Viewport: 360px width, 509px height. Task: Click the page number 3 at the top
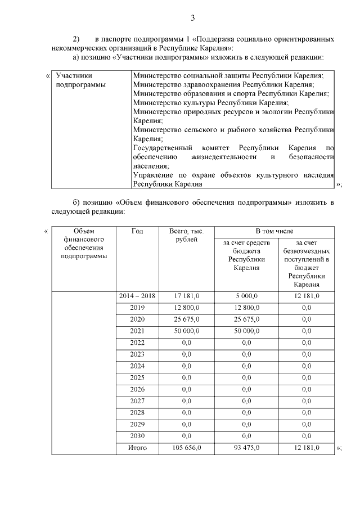192,18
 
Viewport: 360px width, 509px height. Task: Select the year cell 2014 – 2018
137,296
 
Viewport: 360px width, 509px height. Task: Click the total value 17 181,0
187,296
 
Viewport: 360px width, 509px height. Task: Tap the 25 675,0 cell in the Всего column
187,319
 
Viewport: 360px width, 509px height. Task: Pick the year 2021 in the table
137,331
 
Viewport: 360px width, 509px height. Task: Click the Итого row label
137,448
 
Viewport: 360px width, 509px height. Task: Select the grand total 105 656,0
187,448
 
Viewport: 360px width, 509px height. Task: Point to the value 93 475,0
246,448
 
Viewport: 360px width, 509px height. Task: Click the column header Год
137,231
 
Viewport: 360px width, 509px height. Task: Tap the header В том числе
274,231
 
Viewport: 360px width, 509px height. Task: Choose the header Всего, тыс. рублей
187,236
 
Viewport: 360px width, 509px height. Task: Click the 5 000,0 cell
246,296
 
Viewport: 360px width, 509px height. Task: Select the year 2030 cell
137,436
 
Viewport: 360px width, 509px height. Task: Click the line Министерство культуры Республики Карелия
211,103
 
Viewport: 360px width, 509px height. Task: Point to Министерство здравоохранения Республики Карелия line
223,84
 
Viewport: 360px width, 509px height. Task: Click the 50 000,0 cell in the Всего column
187,331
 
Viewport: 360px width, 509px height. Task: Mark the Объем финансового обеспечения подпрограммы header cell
84,244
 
